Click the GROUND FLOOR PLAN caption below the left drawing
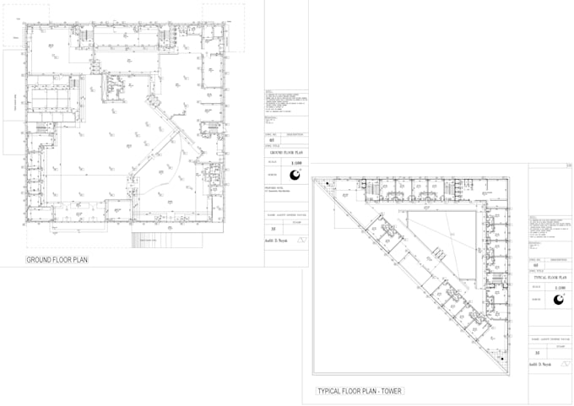coord(57,260)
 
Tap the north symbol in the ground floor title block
coord(295,176)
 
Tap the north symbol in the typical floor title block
coord(558,300)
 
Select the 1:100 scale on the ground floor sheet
coord(295,161)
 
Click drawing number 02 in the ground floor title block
coord(271,140)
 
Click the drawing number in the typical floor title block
coord(534,265)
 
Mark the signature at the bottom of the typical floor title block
coord(540,365)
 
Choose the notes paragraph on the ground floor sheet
coord(283,105)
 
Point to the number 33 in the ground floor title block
coord(271,228)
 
